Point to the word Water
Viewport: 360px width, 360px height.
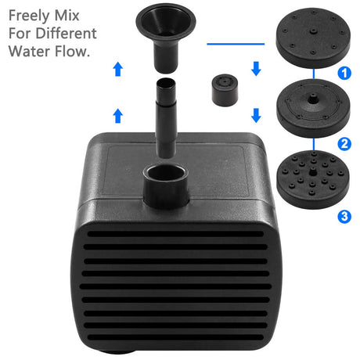pyautogui.click(x=28, y=52)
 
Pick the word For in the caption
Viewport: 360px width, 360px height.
pyautogui.click(x=20, y=34)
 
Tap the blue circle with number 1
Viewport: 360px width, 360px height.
pyautogui.click(x=344, y=73)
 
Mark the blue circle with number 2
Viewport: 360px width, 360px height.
pyautogui.click(x=344, y=143)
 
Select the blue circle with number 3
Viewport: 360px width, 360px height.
pyautogui.click(x=344, y=215)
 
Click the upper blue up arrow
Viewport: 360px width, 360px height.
pyautogui.click(x=118, y=69)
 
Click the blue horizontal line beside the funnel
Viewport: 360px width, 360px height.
pyautogui.click(x=234, y=44)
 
